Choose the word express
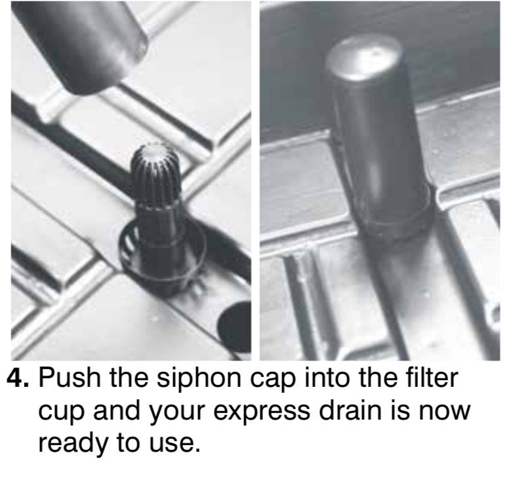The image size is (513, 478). pyautogui.click(x=262, y=413)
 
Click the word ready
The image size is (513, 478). pyautogui.click(x=73, y=445)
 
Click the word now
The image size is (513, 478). pyautogui.click(x=444, y=412)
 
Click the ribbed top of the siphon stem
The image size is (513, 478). pyautogui.click(x=155, y=172)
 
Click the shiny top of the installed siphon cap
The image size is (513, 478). pyautogui.click(x=364, y=59)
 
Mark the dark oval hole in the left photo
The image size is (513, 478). pyautogui.click(x=234, y=328)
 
